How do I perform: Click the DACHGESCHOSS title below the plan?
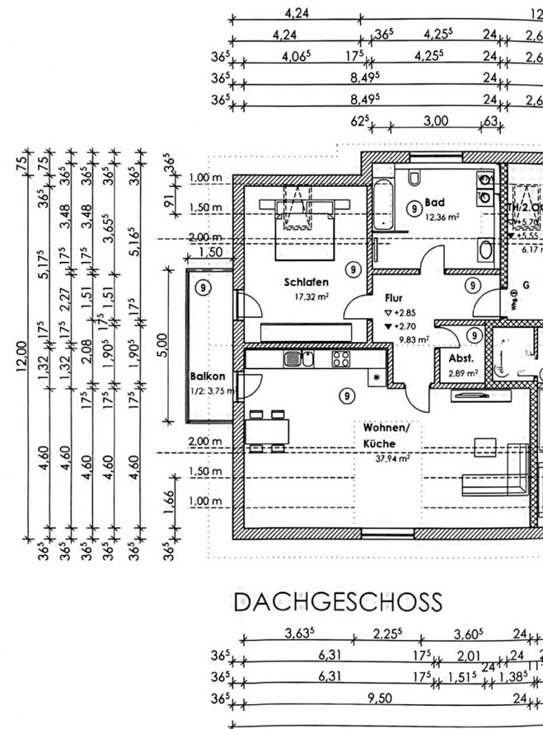coord(338,601)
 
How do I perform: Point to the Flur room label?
coord(393,297)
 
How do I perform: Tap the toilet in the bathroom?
coord(416,178)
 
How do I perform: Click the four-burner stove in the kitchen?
coord(339,358)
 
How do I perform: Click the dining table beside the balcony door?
coord(268,429)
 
